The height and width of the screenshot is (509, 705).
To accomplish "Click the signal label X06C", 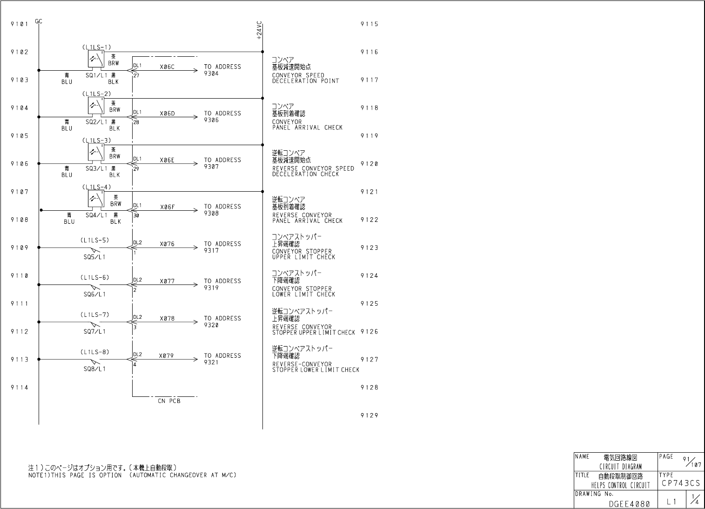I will [167, 67].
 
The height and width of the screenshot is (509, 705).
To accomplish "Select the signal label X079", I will [166, 356].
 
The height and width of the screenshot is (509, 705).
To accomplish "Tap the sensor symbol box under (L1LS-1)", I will [96, 59].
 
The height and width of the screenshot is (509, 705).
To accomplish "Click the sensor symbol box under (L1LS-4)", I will [96, 199].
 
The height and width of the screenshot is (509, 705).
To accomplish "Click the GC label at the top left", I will [38, 21].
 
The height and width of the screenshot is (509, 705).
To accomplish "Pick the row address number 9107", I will [20, 192].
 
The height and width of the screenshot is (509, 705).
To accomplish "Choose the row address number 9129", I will [369, 415].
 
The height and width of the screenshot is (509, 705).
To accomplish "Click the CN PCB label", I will [169, 401].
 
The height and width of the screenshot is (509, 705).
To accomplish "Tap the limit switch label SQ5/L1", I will [94, 257].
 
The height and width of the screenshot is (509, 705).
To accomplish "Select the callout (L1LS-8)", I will [94, 352].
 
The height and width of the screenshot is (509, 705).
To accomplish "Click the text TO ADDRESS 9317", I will [222, 247].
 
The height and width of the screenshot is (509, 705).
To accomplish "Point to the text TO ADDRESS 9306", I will [222, 117].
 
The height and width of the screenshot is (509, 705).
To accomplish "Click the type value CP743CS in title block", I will [680, 483].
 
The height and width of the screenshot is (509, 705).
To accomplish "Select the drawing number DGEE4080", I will [629, 503].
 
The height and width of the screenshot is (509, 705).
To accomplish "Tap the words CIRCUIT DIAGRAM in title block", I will [620, 467].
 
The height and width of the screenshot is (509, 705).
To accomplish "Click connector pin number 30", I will [136, 215].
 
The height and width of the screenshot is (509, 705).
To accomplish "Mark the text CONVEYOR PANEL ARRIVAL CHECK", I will [307, 125].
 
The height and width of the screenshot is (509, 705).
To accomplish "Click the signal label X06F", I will [167, 207].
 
